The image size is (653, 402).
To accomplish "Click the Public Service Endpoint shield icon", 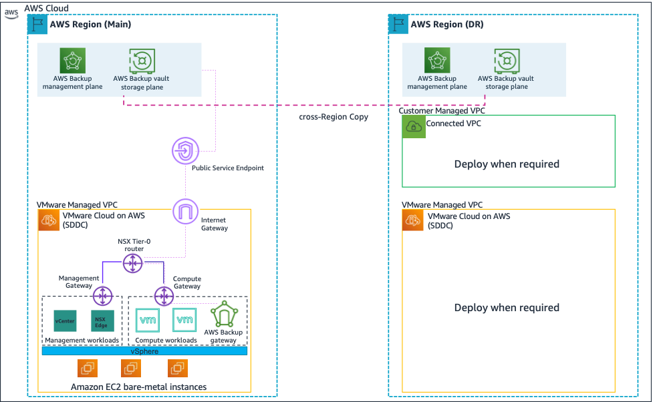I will (183, 150).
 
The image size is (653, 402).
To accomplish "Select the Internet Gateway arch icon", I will (186, 212).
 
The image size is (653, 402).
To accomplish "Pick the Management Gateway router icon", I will (103, 294).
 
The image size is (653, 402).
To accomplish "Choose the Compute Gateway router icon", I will (164, 294).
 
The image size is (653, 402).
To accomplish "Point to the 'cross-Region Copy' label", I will (334, 117).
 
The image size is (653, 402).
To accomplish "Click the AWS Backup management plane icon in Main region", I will (72, 61).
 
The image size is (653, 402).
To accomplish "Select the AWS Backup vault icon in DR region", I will (507, 61).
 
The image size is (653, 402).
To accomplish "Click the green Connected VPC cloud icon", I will (414, 127).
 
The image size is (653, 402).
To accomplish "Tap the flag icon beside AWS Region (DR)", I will (398, 24).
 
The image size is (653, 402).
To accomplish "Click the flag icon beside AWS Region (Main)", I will (37, 24).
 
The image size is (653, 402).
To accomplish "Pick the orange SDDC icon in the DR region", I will (414, 221).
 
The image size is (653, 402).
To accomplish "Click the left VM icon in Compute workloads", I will (147, 320).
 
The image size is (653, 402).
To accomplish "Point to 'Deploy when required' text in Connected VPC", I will (507, 164).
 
